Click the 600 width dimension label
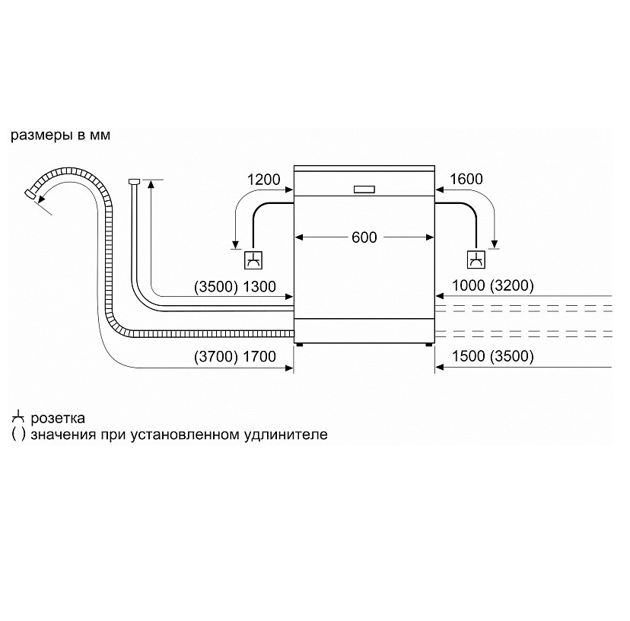tap(364, 237)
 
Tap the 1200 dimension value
tap(263, 180)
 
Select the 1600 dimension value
tap(466, 179)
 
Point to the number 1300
tap(259, 287)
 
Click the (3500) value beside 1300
tap(216, 287)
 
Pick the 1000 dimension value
tap(469, 285)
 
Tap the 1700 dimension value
tap(259, 356)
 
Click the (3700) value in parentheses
tap(216, 356)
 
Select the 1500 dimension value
tap(469, 355)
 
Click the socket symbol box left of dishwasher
tap(253, 260)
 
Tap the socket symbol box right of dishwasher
tap(476, 260)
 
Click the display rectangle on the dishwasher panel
tap(364, 189)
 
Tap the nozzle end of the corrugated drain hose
tap(30, 193)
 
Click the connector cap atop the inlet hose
tap(134, 181)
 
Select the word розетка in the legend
tap(58, 419)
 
